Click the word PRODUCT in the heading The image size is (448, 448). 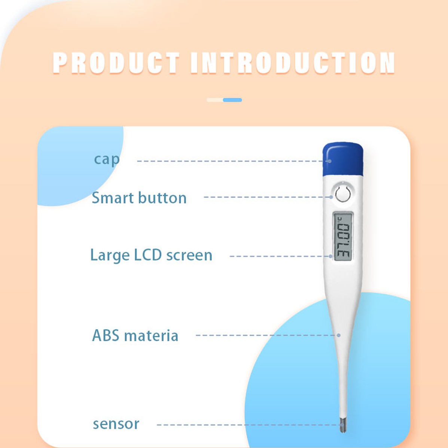[x=116, y=63]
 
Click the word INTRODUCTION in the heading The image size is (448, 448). [x=293, y=63]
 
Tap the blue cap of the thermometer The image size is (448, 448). [x=343, y=159]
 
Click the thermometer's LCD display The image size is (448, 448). [x=343, y=237]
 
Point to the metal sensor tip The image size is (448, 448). [x=343, y=424]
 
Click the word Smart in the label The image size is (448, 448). [x=113, y=198]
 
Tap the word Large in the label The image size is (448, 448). [x=110, y=256]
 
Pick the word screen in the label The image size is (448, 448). [x=189, y=256]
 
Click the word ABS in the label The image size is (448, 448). [x=106, y=335]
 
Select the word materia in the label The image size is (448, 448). [x=151, y=335]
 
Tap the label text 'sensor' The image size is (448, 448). [x=116, y=424]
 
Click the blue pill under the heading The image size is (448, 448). [x=232, y=100]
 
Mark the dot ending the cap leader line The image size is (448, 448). [x=329, y=161]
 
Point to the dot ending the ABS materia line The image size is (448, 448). [x=339, y=335]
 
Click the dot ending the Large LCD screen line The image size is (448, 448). [x=330, y=256]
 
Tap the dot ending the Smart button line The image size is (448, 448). [x=331, y=197]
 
